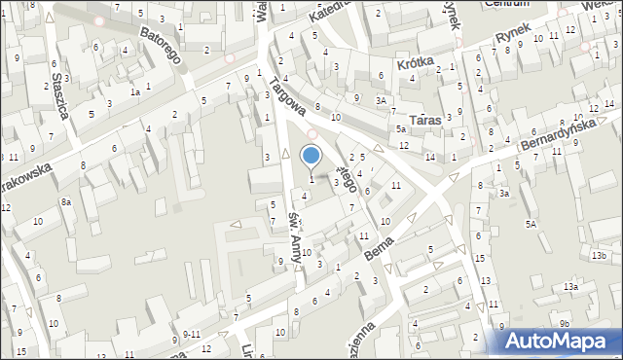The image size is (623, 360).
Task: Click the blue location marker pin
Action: pyautogui.click(x=311, y=157)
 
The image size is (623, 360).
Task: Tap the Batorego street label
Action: pyautogui.click(x=161, y=45)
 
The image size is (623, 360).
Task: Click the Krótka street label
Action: pyautogui.click(x=415, y=61)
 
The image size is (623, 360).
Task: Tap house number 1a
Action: pyautogui.click(x=136, y=92)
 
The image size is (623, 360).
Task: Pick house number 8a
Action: pyautogui.click(x=66, y=201)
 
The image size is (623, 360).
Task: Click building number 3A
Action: pyautogui.click(x=383, y=99)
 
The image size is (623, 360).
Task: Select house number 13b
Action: pyautogui.click(x=598, y=256)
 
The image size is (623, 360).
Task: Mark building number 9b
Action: pyautogui.click(x=565, y=322)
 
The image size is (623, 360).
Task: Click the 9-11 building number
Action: pyautogui.click(x=193, y=334)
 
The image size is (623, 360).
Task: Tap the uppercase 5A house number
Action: pyautogui.click(x=531, y=225)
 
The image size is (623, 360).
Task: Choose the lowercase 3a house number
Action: pyautogui.click(x=504, y=194)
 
